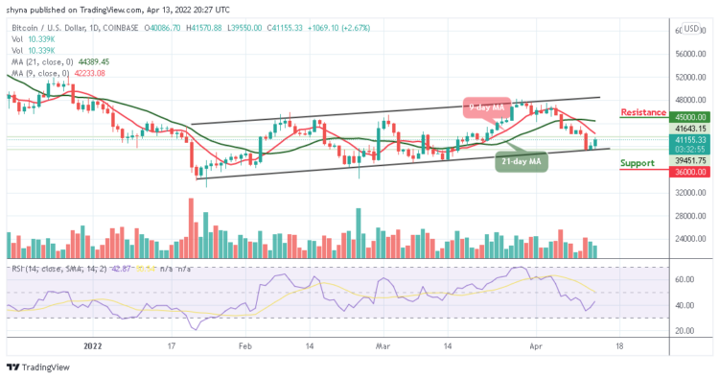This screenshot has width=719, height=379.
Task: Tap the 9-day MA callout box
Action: pos(489,107)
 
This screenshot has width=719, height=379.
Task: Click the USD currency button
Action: pos(690,28)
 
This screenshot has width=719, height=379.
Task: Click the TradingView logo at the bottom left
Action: pos(38,367)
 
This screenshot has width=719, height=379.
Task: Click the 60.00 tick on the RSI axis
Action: pos(685,280)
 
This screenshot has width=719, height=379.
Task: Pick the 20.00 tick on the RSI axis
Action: pos(685,331)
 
